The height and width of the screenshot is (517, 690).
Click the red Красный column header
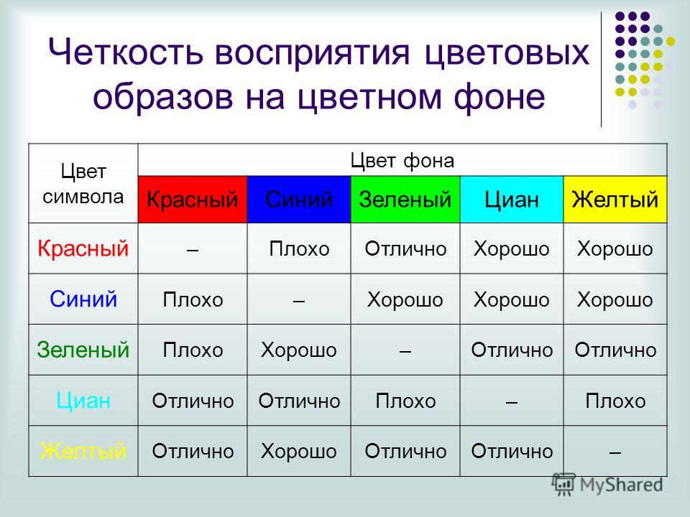pos(193,200)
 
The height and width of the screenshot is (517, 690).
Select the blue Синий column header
pos(299,200)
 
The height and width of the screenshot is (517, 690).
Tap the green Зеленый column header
pos(405,200)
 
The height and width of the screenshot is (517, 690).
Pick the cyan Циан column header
pos(512,200)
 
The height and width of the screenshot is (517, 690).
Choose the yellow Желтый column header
pos(615,200)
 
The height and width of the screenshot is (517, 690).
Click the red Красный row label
pos(83,248)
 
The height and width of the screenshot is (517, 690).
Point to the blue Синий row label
pos(83,299)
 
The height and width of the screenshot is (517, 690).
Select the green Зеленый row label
pos(83,350)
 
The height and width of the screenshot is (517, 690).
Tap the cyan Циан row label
pos(83,401)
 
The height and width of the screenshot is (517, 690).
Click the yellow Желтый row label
pos(83,451)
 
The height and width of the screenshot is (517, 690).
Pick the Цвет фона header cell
pos(402,160)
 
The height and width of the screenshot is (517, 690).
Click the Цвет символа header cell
pos(83,183)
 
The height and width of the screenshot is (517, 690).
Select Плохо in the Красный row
pos(299,249)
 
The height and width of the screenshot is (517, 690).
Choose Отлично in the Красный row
pos(405,249)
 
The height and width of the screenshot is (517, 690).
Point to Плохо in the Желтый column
pos(615,401)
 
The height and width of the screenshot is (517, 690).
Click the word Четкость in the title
pos(126,52)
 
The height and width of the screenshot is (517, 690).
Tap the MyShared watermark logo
pos(607,484)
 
